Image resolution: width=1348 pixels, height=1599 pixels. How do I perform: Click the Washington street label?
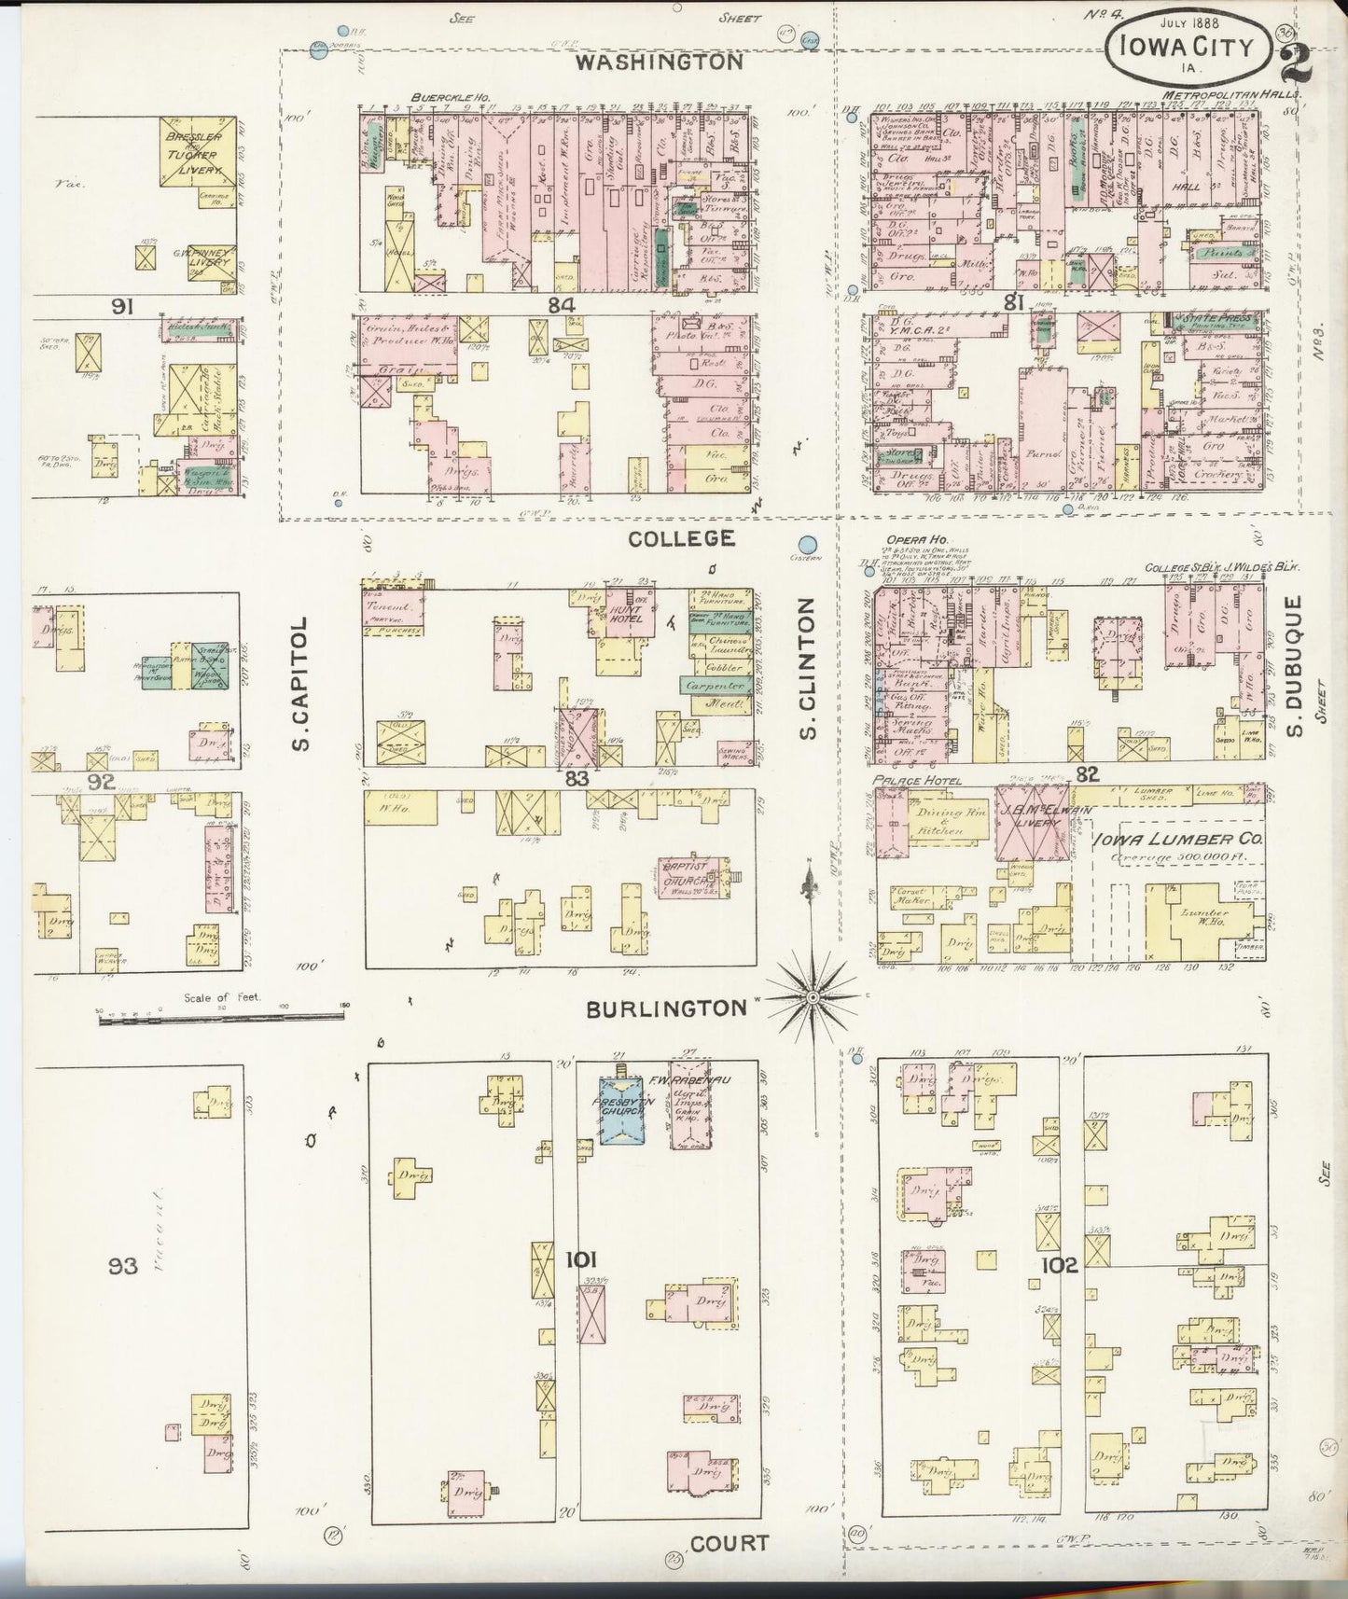pyautogui.click(x=659, y=63)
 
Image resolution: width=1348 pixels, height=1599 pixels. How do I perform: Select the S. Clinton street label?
pyautogui.click(x=808, y=668)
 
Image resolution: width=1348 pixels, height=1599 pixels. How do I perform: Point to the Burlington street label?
pyautogui.click(x=667, y=1008)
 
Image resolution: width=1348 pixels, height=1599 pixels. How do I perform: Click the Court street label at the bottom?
pyautogui.click(x=730, y=1543)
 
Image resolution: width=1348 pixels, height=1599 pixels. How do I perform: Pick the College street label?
pyautogui.click(x=681, y=538)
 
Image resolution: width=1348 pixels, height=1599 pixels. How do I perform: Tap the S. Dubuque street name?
pyautogui.click(x=1295, y=666)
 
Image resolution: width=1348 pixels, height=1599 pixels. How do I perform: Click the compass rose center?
pyautogui.click(x=813, y=998)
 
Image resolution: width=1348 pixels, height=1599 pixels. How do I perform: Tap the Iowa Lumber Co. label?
pyautogui.click(x=1178, y=839)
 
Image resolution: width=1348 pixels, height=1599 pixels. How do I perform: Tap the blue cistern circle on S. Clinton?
pyautogui.click(x=809, y=545)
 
